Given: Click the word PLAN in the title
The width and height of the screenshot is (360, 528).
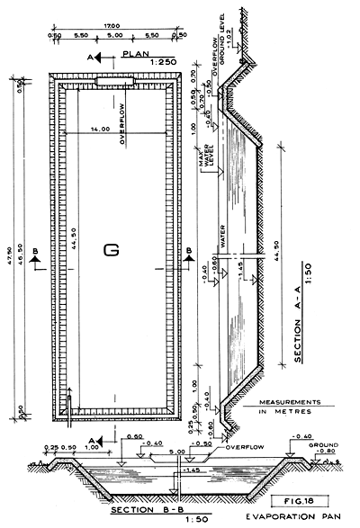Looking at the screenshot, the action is (134, 53).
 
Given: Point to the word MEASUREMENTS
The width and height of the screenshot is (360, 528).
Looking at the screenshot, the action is (290, 402).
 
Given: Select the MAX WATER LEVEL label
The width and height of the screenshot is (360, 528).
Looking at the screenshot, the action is (209, 158).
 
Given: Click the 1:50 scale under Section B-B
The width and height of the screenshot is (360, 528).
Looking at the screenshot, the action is (144, 522).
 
